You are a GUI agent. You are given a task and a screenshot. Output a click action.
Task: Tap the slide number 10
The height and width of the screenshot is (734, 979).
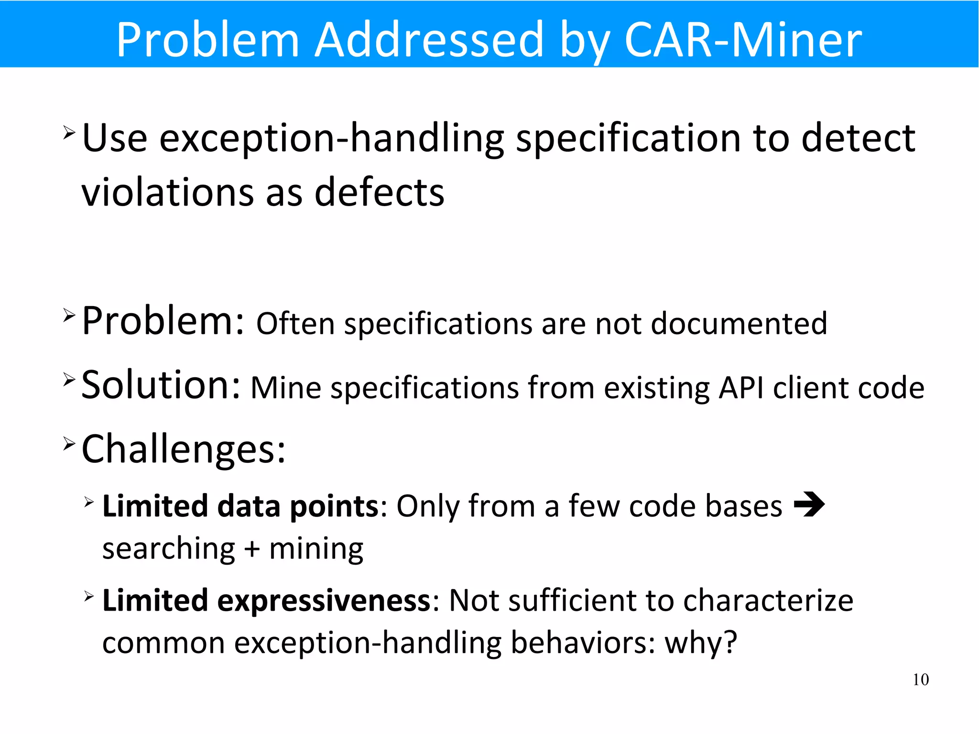click(920, 679)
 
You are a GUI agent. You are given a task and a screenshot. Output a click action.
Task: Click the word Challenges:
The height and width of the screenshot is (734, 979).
click(184, 449)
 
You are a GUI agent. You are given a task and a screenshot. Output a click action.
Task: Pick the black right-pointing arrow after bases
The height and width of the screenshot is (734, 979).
click(809, 504)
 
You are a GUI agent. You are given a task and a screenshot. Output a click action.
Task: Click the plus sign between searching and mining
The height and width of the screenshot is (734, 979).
click(252, 549)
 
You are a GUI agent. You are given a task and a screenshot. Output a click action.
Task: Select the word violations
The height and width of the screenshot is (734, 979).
click(167, 192)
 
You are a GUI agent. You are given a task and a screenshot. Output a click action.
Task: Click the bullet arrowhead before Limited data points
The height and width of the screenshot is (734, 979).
click(89, 502)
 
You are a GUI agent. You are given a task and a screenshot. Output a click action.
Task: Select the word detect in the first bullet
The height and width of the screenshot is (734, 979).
click(858, 138)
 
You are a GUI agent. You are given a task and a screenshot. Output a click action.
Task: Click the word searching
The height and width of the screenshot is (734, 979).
click(168, 549)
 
